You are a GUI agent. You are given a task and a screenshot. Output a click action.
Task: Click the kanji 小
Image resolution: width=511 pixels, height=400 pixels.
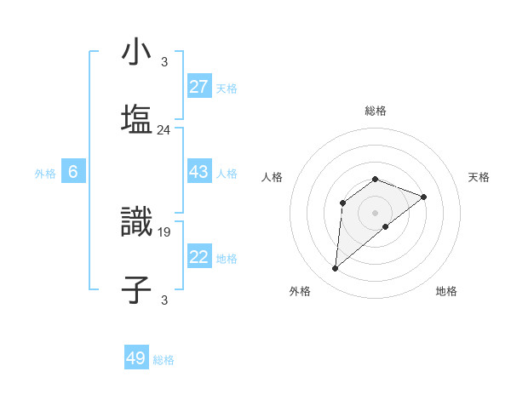[x=136, y=52]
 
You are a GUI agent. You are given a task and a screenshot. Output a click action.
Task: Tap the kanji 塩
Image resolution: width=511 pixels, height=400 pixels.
[x=136, y=118]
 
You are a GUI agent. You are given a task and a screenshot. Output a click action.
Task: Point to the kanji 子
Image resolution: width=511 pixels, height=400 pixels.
[x=136, y=289]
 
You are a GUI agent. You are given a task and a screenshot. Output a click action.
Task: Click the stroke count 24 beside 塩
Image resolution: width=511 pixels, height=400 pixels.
[x=164, y=129]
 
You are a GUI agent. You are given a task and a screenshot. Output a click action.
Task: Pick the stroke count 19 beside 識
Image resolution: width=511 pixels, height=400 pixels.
[x=164, y=231]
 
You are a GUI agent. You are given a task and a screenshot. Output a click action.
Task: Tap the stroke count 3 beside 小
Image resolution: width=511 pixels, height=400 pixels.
[x=164, y=62]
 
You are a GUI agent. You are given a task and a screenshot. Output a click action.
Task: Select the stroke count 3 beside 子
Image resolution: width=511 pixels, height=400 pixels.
[x=164, y=300]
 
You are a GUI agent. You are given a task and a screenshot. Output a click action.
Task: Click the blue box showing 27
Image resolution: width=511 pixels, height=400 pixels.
[x=199, y=87]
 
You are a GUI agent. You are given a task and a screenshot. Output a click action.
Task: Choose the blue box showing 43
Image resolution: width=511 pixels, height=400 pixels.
[x=199, y=172]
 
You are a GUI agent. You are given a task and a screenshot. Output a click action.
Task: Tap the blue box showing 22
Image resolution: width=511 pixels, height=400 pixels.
[x=199, y=257]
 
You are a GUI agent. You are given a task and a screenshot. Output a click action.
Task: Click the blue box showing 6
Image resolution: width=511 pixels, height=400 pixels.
[x=73, y=172]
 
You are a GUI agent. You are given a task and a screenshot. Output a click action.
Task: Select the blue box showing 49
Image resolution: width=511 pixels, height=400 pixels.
[x=136, y=358]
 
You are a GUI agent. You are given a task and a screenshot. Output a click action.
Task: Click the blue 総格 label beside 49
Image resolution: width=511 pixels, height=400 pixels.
[x=164, y=360]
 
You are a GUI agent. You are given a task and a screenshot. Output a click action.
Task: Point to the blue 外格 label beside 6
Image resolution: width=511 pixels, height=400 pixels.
[x=45, y=174]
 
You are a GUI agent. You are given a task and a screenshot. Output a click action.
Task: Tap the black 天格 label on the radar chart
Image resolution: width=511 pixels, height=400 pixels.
[x=479, y=177]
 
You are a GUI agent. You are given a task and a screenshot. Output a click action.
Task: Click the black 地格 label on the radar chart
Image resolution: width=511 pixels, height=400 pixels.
[x=446, y=291]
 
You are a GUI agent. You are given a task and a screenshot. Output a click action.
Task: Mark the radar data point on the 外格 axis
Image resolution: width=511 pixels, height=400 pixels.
[x=335, y=269]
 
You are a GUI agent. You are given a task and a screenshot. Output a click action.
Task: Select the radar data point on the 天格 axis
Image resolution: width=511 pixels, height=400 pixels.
[x=423, y=197]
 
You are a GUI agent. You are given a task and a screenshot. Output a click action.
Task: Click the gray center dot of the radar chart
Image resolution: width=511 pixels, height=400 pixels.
[x=375, y=212]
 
